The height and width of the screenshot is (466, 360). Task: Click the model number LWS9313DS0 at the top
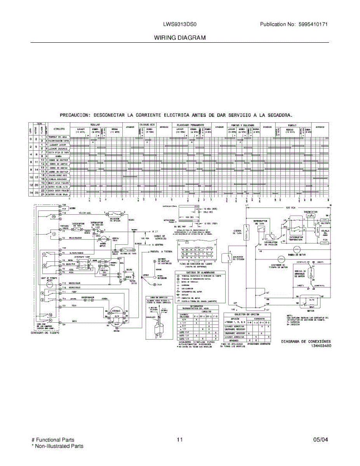(x=180, y=24)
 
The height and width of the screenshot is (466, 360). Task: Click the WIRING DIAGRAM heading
(x=180, y=38)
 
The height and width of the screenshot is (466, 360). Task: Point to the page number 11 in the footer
(x=179, y=440)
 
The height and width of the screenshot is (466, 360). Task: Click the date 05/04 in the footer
(x=320, y=440)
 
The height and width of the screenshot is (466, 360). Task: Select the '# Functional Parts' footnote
(x=53, y=440)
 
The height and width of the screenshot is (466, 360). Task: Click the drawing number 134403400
(x=321, y=346)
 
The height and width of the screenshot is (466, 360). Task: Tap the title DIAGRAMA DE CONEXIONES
(x=306, y=341)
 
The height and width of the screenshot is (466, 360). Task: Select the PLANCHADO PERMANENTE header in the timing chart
(x=190, y=125)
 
